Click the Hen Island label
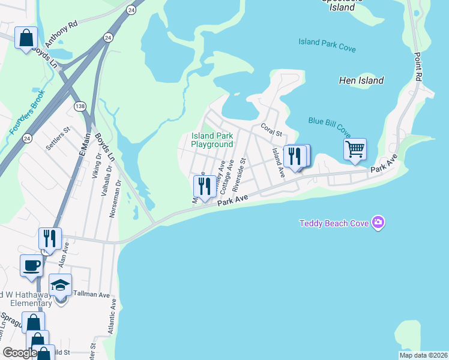(x=361, y=80)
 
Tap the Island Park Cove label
(x=327, y=44)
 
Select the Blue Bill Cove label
(x=330, y=124)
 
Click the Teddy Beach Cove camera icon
(x=378, y=223)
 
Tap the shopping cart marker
(x=355, y=149)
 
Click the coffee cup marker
(x=31, y=265)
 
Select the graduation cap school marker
(x=60, y=285)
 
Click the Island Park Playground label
(x=212, y=140)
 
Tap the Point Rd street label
(x=416, y=67)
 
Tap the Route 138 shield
(x=80, y=106)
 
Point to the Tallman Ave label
(x=92, y=295)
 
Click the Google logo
(x=20, y=353)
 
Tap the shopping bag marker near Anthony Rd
(x=26, y=38)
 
